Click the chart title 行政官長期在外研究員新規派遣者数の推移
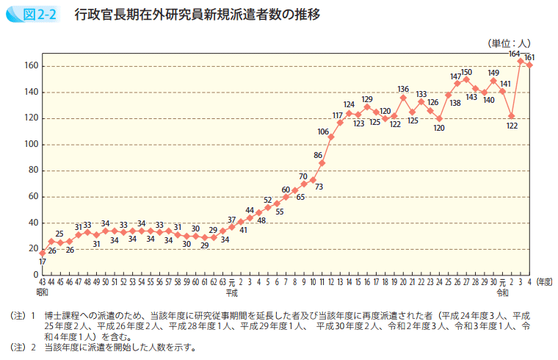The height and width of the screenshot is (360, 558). pos(197,14)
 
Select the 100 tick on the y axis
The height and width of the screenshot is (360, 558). pos(31,144)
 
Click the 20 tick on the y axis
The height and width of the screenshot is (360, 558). pos(33,248)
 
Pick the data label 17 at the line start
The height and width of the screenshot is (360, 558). pos(43,262)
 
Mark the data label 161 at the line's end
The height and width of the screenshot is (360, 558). pos(529,57)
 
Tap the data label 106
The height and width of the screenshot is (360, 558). pos(323,132)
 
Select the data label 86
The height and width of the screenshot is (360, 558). pos(318,155)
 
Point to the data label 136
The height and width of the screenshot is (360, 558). pos(403,89)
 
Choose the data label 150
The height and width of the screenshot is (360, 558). pos(466,71)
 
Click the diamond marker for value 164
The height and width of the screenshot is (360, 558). pos(521,61)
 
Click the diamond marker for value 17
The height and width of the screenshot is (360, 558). pos(43,253)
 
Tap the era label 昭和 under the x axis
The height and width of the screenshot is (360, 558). pos(42,292)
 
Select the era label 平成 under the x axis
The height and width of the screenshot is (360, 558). pos(232,292)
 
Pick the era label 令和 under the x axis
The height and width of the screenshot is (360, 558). pos(502,292)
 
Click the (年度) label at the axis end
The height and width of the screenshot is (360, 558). pos(544,281)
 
